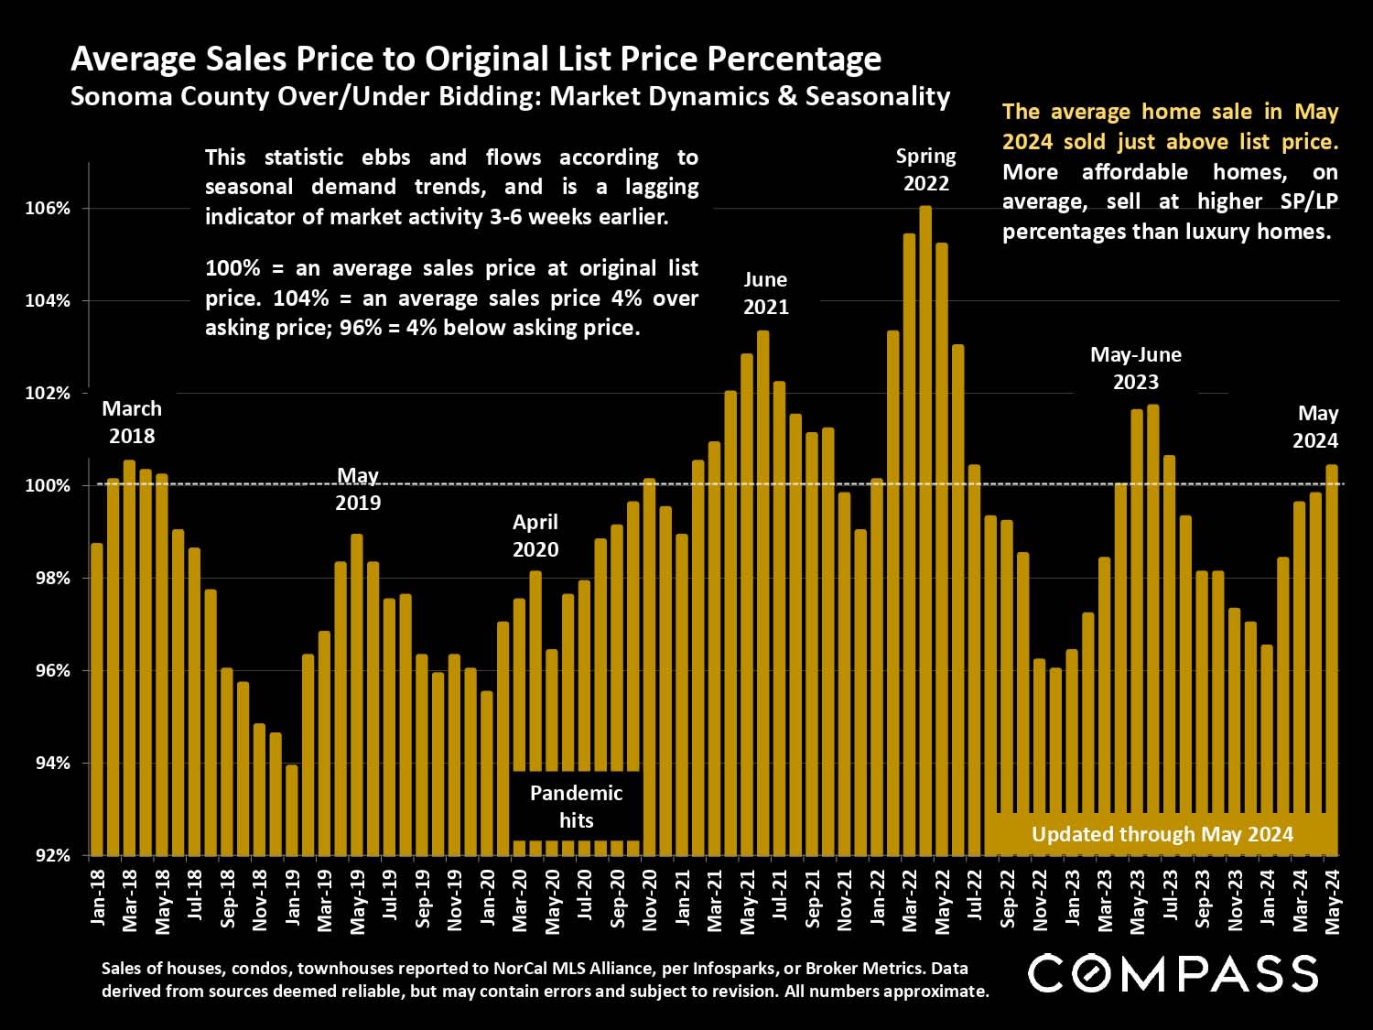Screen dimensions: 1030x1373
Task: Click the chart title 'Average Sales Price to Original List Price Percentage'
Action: [x=476, y=59]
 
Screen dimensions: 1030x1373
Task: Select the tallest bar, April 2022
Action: [x=925, y=531]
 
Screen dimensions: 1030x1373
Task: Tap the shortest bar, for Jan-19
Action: [x=292, y=809]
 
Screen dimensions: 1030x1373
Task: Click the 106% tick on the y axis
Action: [x=48, y=209]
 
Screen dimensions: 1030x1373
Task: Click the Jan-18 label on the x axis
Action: [x=98, y=898]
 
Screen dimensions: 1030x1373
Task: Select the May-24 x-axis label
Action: [x=1333, y=902]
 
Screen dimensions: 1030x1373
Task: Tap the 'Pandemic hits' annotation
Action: [x=576, y=807]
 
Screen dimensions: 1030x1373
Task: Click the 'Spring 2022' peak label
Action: [x=925, y=169]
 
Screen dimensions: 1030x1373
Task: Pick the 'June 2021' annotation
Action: [x=765, y=293]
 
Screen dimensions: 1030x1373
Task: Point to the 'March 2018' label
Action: [x=132, y=422]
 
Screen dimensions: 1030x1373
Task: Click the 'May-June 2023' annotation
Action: [x=1135, y=368]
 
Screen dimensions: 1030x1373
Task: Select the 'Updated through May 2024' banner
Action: [x=1162, y=834]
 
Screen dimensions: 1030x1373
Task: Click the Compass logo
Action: [x=1173, y=973]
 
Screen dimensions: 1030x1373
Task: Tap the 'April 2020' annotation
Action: [x=535, y=536]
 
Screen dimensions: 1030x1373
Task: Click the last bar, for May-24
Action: [x=1332, y=659]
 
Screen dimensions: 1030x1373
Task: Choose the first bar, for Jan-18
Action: [x=97, y=699]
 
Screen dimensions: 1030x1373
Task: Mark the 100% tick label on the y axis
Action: [x=48, y=486]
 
